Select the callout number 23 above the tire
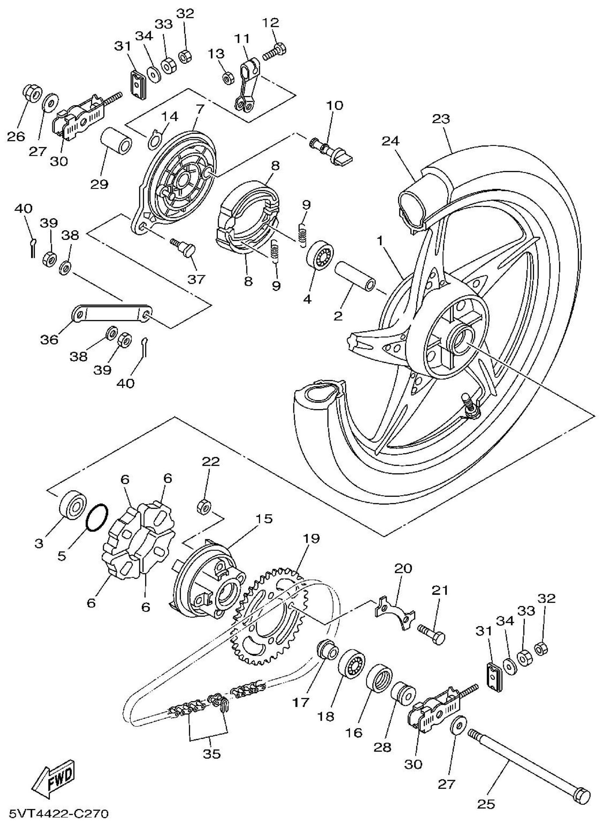point(441,119)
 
